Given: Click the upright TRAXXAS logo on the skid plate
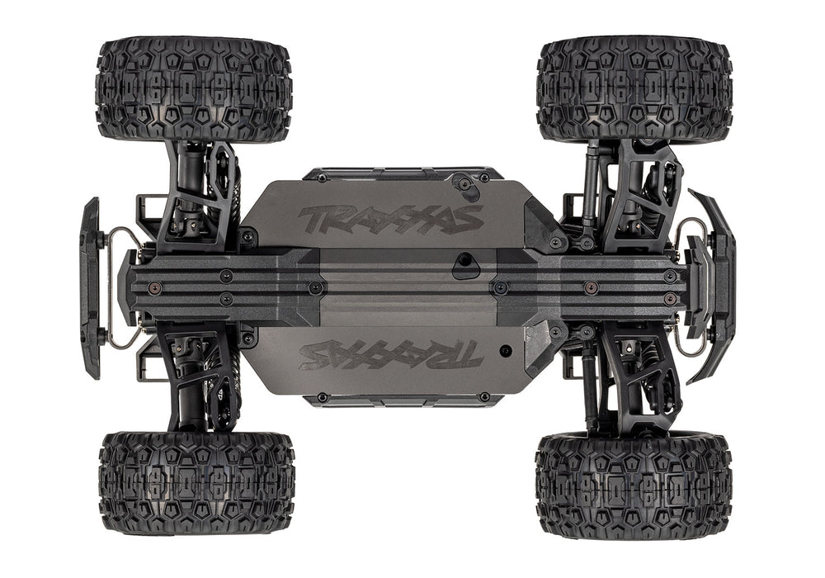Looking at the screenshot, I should (390, 219).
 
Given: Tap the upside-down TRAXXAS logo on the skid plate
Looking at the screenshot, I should (390, 353).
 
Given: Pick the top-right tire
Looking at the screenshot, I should (634, 88).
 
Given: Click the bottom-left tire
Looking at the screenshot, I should (196, 483).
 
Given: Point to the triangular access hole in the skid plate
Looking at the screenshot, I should (467, 263).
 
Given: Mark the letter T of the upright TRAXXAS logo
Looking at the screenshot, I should (318, 220).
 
